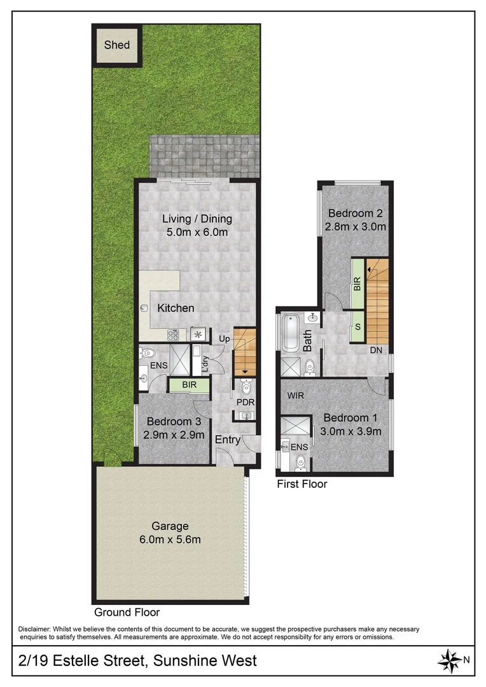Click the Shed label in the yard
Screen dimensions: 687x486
coord(117,45)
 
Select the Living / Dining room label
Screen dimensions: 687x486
coord(197,219)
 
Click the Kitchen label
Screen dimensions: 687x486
coord(176,308)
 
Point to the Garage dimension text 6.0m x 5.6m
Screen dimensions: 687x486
coord(170,539)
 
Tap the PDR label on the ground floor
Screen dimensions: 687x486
coord(245,402)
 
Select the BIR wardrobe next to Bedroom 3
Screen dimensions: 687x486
coord(188,385)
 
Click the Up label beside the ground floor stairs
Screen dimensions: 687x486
coord(223,338)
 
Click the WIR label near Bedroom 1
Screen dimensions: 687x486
coord(295,396)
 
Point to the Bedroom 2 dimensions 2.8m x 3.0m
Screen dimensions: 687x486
coord(356,226)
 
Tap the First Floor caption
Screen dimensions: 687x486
coord(302,484)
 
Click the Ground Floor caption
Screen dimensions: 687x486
coord(127,613)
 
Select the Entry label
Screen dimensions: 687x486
coord(227,440)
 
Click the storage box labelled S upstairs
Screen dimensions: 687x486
coord(358,326)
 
